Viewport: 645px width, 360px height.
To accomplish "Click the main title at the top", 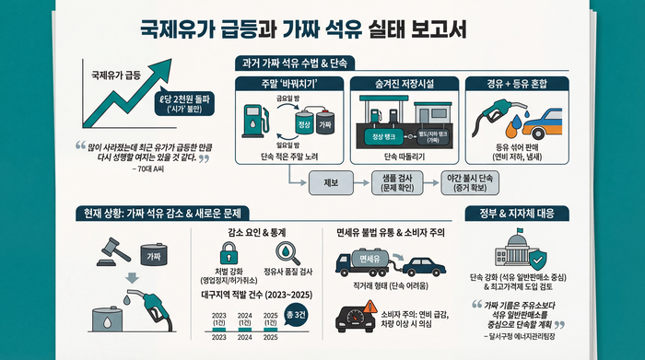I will pos(302,29).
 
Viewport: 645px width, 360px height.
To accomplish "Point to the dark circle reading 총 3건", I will pos(298,317).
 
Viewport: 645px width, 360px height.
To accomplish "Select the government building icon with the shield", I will pos(521,246).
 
